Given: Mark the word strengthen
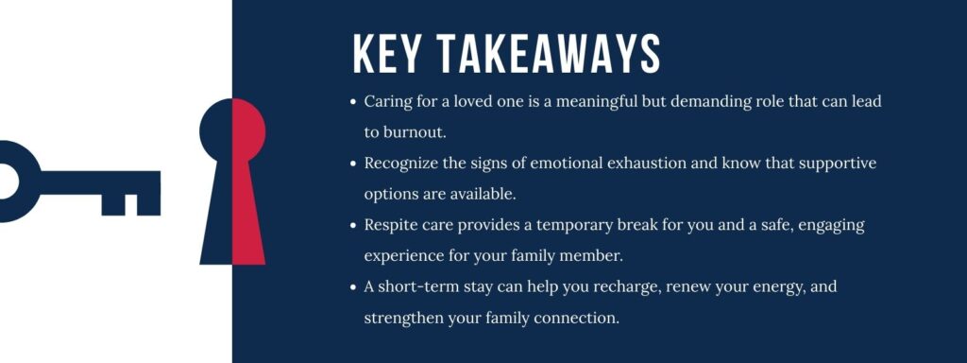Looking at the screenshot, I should (x=406, y=317).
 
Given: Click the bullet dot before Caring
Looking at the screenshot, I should (x=353, y=101).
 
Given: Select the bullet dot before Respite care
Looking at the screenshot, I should (x=353, y=225).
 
